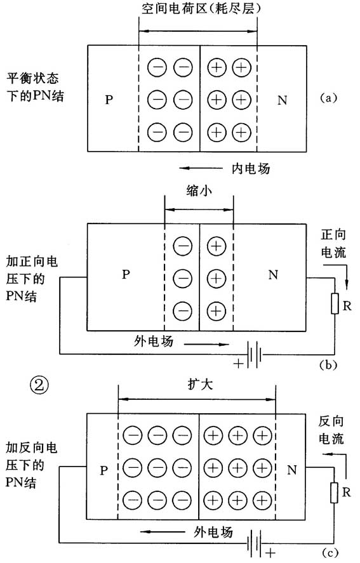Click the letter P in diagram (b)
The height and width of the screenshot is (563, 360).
coord(126,275)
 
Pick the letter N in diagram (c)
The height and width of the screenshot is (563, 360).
coord(293,470)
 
